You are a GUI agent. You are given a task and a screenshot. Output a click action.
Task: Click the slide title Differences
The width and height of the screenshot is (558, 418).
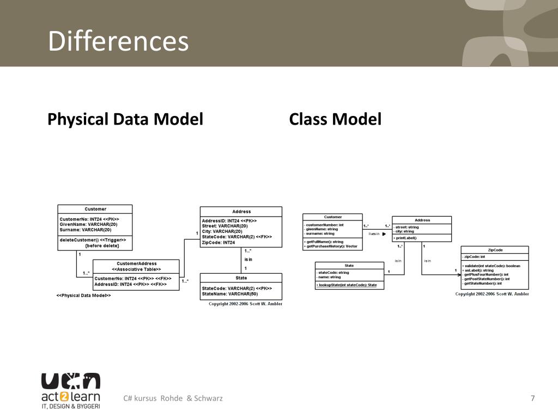click(118, 42)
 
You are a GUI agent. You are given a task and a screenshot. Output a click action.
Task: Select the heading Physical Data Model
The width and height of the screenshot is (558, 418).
click(125, 119)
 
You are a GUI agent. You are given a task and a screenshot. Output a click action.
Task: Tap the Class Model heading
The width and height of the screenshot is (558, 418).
click(335, 119)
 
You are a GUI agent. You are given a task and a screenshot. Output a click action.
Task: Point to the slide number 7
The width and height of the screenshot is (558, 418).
click(532, 398)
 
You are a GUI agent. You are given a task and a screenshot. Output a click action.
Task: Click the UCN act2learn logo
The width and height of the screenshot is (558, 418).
click(71, 390)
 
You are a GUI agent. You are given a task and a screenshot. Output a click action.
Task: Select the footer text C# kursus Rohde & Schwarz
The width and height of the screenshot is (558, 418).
click(173, 398)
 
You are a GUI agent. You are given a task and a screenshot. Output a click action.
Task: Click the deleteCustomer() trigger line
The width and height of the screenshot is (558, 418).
click(93, 239)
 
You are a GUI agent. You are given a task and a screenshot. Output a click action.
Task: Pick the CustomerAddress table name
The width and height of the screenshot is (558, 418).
click(136, 263)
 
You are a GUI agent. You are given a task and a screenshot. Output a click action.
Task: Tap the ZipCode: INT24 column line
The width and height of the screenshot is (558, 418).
click(219, 243)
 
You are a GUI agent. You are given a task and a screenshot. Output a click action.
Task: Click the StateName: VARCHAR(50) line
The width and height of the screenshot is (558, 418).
click(230, 294)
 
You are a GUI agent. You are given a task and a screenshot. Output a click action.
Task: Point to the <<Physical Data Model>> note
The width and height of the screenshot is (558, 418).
click(83, 296)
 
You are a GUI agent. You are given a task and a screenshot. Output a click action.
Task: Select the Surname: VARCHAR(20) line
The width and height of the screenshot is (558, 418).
click(86, 230)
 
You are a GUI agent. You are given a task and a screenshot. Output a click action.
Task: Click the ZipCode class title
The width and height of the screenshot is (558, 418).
click(495, 250)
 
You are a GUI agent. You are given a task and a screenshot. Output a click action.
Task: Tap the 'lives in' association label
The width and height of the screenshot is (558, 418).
click(374, 233)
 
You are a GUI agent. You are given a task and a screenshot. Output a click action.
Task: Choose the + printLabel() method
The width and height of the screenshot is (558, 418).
click(406, 238)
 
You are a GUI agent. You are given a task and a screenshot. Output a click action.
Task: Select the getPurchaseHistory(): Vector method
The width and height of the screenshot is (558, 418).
click(331, 247)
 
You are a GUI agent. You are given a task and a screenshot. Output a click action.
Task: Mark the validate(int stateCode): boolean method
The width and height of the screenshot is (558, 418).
click(491, 266)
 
